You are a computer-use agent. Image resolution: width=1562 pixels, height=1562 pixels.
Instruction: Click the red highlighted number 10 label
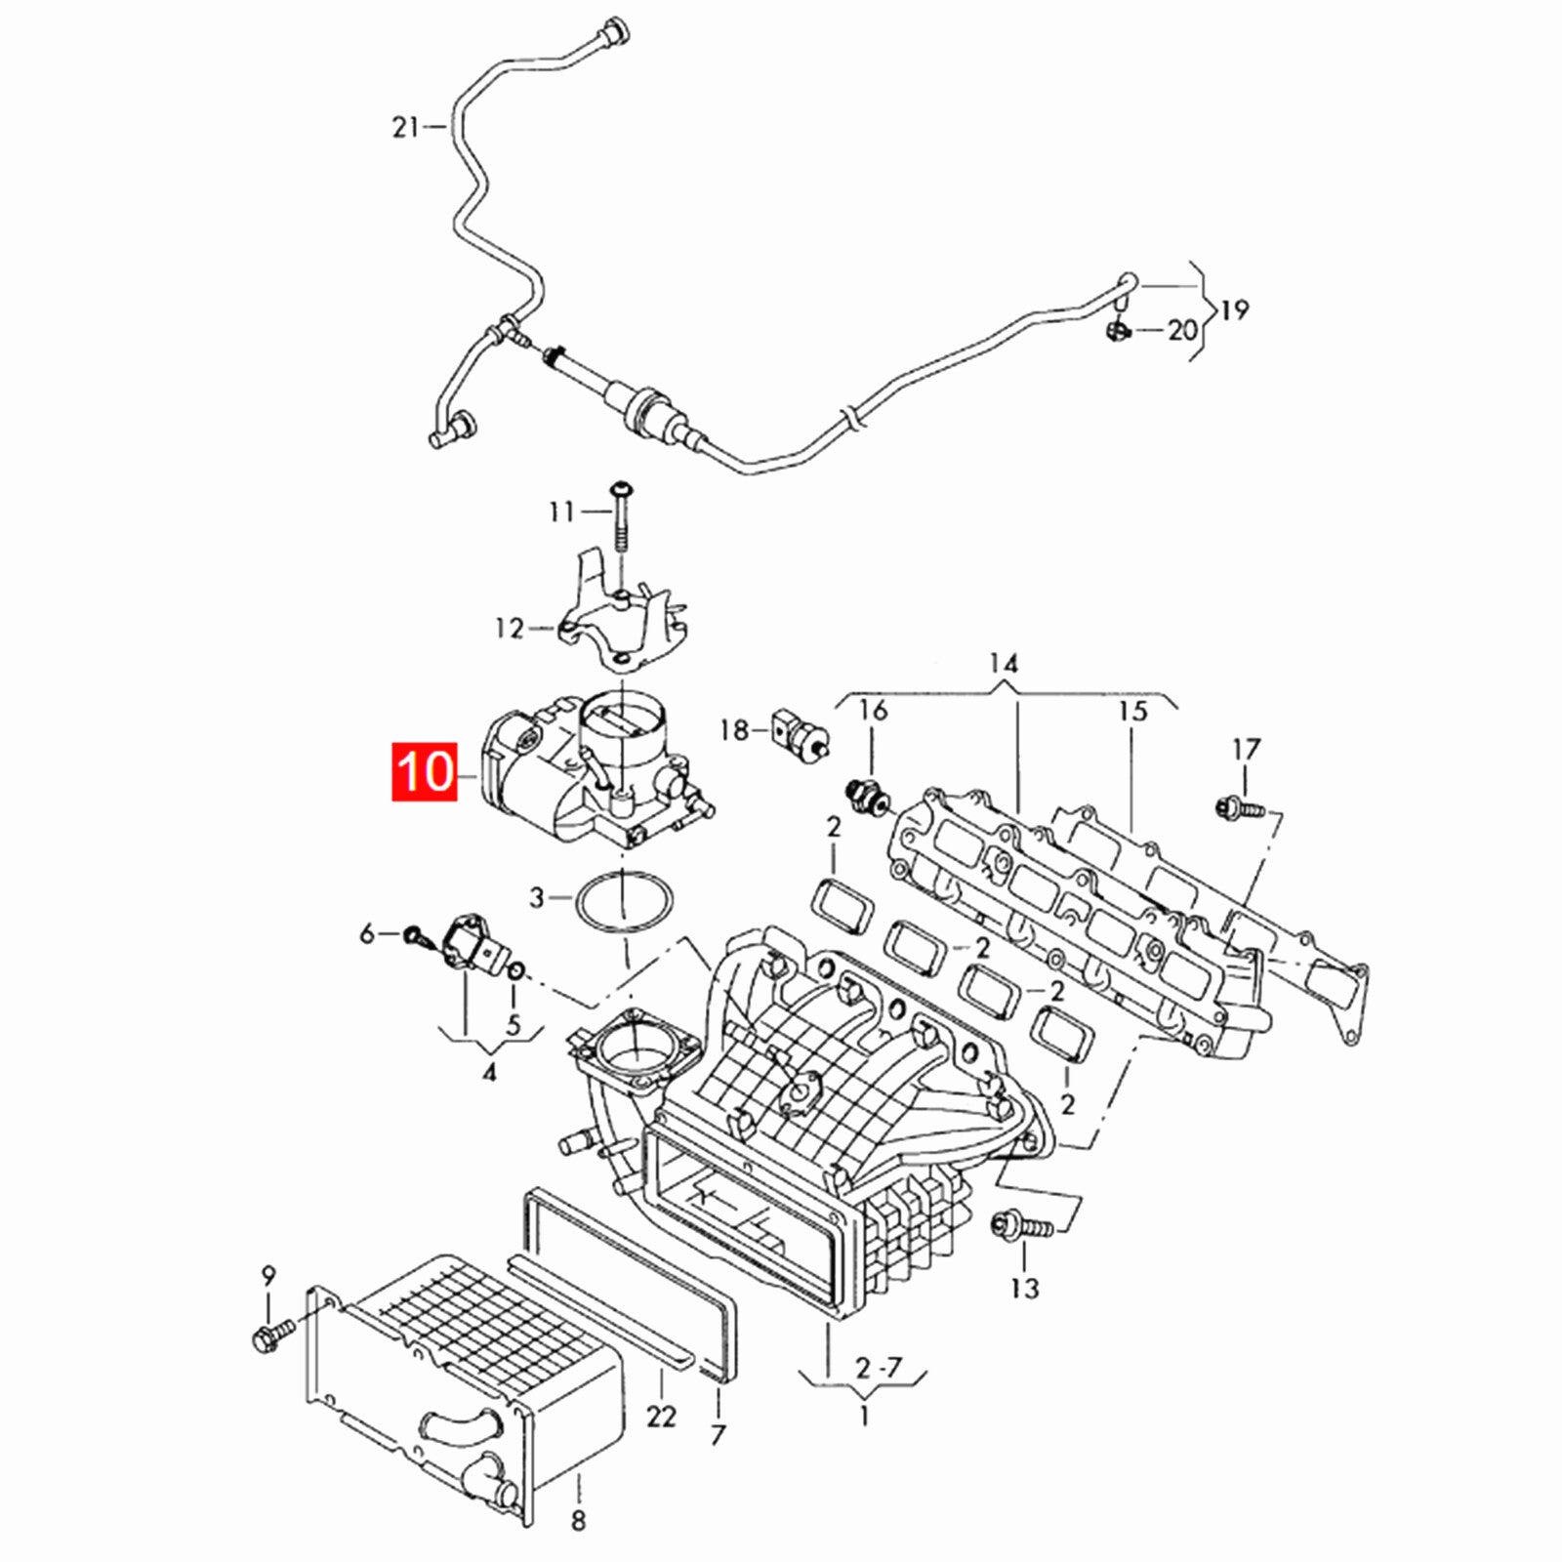[x=426, y=772]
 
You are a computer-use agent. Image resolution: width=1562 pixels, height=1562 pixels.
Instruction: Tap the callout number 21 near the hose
[x=405, y=127]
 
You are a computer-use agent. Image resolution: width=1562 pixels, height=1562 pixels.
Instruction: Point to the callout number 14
[x=1003, y=665]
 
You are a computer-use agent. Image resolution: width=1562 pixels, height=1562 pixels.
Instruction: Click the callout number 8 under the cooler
[x=578, y=1520]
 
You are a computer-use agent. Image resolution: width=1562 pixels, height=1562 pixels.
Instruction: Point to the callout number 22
[x=661, y=1415]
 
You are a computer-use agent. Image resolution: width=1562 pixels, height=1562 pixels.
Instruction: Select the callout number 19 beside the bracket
[x=1235, y=310]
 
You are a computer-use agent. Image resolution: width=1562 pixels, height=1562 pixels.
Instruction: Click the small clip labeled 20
[x=1119, y=332]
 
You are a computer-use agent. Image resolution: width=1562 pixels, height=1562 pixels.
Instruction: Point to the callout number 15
[x=1132, y=711]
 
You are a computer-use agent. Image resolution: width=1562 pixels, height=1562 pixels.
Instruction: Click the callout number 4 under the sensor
[x=489, y=1074]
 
